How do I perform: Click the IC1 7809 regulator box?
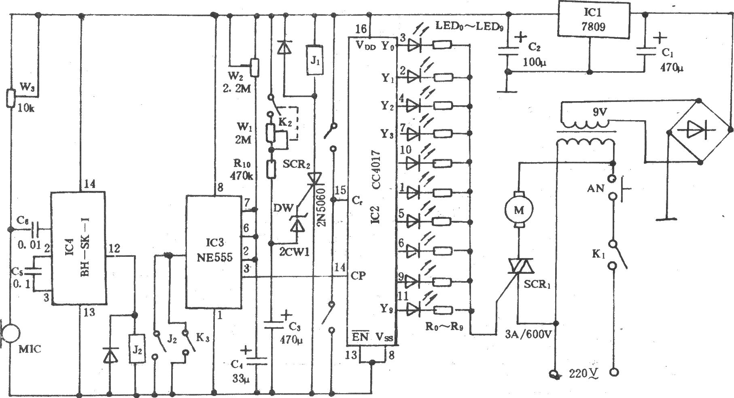click(x=594, y=20)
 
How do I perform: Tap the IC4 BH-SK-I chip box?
click(x=78, y=248)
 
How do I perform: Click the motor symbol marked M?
click(x=519, y=210)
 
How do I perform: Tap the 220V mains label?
click(x=582, y=373)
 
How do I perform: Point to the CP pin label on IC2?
click(x=359, y=276)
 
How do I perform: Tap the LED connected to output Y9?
click(x=415, y=310)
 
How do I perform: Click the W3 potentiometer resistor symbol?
click(x=11, y=97)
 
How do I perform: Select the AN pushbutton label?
click(x=596, y=188)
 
